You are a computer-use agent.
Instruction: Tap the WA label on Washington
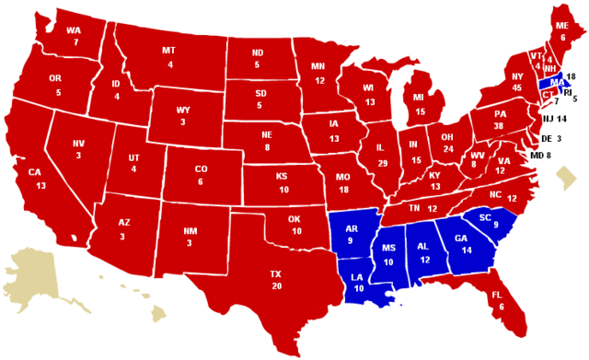click(x=75, y=29)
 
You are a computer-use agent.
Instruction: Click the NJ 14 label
click(x=554, y=119)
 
